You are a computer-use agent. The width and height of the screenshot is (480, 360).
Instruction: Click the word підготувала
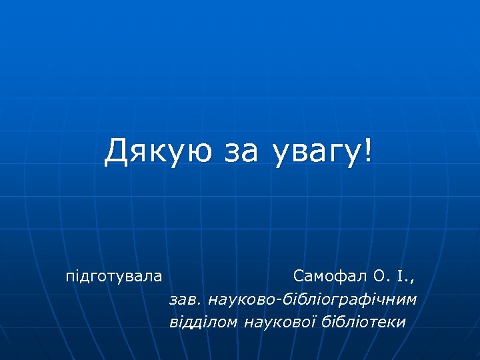click(113, 276)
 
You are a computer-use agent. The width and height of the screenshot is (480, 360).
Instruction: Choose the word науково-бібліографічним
click(312, 299)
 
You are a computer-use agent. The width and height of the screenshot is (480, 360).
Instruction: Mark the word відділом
click(204, 322)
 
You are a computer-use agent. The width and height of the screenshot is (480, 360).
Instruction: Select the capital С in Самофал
click(298, 275)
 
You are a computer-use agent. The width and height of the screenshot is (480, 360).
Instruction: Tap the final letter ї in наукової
click(314, 322)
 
